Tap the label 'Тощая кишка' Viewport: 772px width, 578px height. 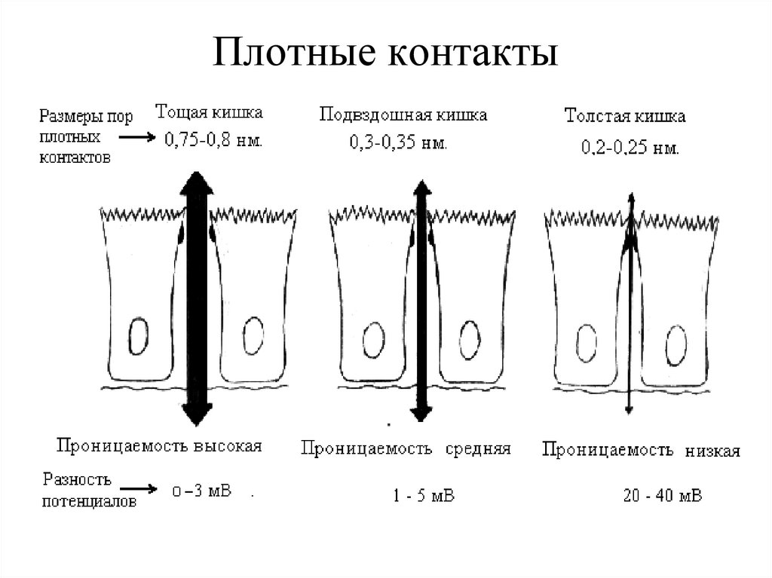point(209,114)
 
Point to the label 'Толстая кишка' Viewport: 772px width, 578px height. point(625,118)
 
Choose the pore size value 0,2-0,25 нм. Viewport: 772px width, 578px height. point(630,148)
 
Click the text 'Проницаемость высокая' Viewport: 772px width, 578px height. point(158,446)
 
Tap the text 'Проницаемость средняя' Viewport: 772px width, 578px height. point(406,449)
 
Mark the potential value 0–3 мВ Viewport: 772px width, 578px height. point(201,491)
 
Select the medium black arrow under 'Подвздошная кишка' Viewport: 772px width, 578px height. point(421,301)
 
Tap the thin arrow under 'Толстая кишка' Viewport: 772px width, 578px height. point(629,301)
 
